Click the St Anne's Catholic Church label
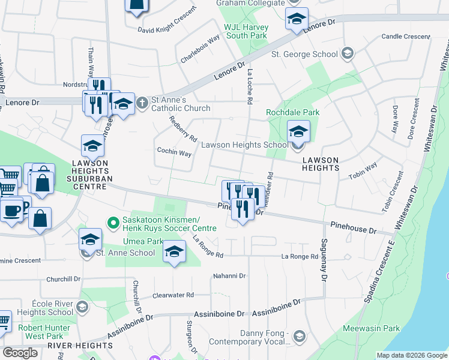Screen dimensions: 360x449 tap(180, 104)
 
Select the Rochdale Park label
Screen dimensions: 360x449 tap(293, 112)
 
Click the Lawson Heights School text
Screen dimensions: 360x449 tap(244, 145)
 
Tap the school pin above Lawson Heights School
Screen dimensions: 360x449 tap(298, 132)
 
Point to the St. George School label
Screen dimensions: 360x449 tap(304, 54)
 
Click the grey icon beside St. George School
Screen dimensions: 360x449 tap(346, 54)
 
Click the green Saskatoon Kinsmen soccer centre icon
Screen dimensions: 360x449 tap(113, 224)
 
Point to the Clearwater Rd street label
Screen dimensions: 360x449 tap(173, 295)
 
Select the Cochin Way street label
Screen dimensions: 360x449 tap(173, 152)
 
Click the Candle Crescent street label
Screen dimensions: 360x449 tap(406, 37)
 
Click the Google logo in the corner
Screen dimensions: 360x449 tap(20, 352)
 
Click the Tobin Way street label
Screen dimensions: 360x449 tap(363, 170)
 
